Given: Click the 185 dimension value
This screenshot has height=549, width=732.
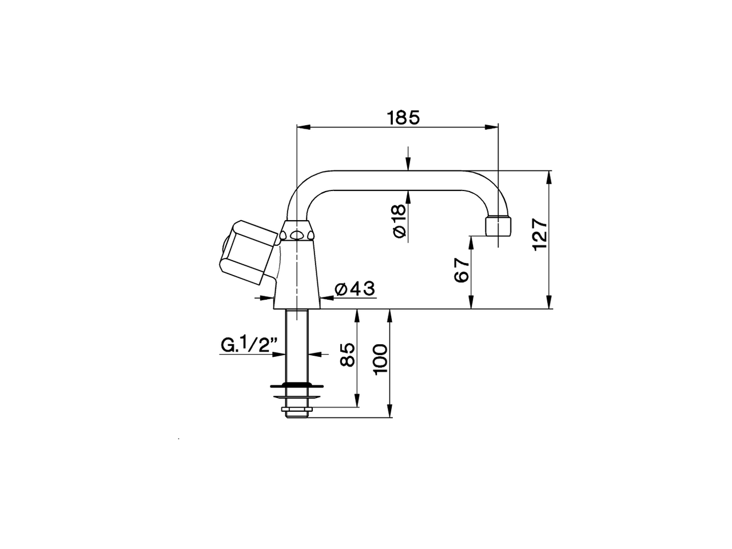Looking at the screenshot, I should [403, 117].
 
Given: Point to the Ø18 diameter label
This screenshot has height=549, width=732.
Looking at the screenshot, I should [399, 220].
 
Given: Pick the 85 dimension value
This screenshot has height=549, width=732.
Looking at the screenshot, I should [347, 355].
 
